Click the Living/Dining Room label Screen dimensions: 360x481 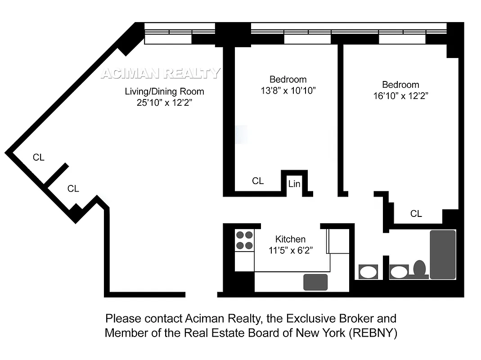[164, 92]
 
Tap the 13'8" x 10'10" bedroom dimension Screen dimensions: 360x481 [288, 90]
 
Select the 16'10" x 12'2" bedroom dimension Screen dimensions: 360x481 [400, 95]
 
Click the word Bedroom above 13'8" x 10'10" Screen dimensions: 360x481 [288, 80]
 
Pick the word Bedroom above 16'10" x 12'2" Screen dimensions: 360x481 [400, 85]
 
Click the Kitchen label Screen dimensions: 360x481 [290, 239]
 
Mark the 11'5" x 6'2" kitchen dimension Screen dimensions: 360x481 [290, 251]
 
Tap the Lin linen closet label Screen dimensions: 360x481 [294, 184]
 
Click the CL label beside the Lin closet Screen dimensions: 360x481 [258, 181]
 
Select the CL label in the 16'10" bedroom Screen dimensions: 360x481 [416, 214]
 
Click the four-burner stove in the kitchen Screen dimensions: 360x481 [244, 240]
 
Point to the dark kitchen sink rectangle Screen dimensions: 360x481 [315, 282]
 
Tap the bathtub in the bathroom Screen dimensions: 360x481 [443, 254]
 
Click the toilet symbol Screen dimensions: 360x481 [420, 269]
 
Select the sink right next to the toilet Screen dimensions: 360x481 [398, 272]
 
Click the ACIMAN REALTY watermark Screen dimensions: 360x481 [161, 73]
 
